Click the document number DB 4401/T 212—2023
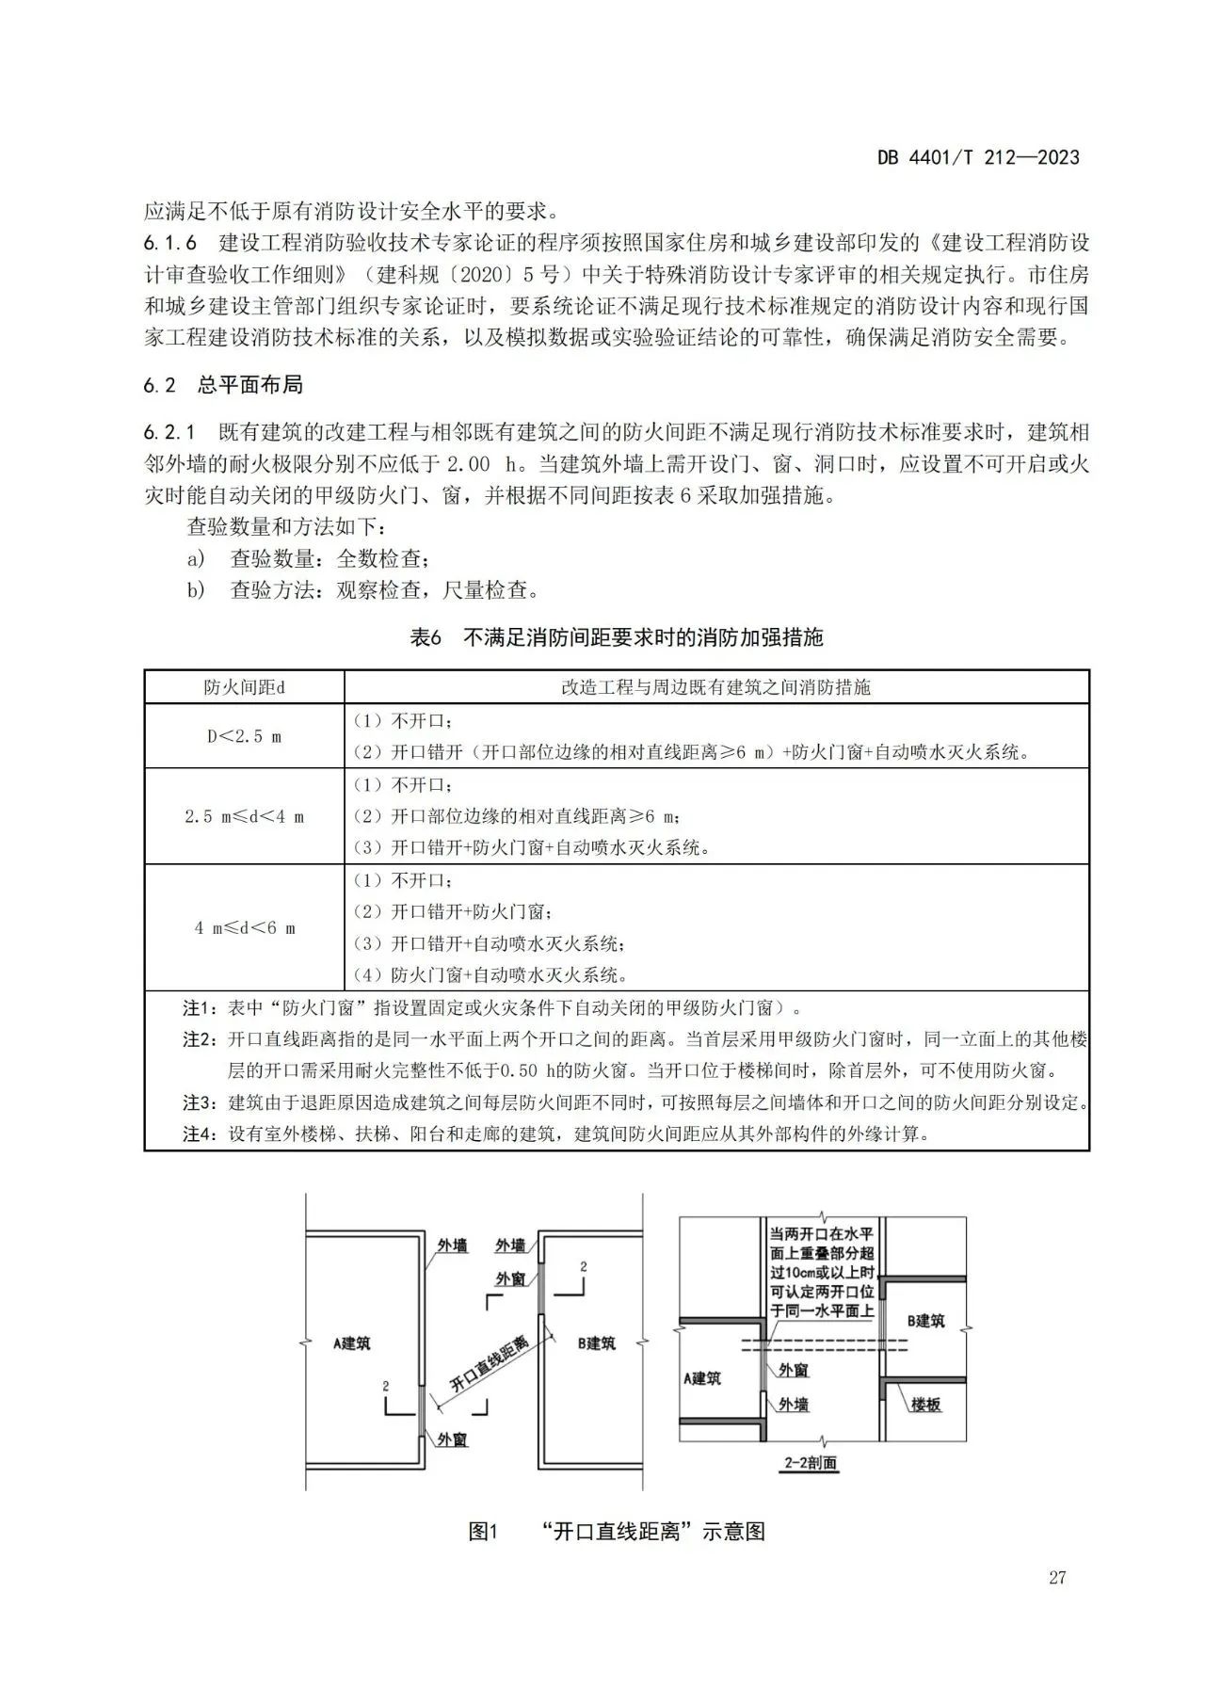tap(978, 157)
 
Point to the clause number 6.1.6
tap(170, 243)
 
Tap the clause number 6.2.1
tap(170, 433)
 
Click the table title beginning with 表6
tap(617, 637)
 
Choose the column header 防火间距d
tap(245, 687)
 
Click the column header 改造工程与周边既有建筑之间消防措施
tap(715, 687)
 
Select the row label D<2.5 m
tap(245, 736)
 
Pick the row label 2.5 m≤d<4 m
tap(245, 816)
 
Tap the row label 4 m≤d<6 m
tap(245, 927)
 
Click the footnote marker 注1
tap(199, 1008)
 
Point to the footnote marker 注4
tap(199, 1134)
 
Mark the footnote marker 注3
tap(199, 1102)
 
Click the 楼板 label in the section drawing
tap(925, 1405)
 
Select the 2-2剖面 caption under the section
tap(810, 1464)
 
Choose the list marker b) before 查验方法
tap(196, 590)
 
